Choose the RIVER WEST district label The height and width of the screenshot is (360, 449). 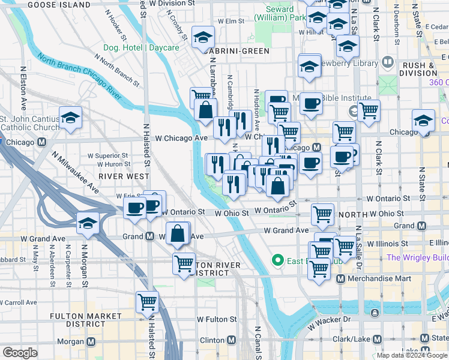coord(124,176)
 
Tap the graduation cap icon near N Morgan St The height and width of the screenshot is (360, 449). coord(88,224)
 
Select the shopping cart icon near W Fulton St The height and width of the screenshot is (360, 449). coord(146,302)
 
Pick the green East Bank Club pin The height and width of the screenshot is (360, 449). coord(277,260)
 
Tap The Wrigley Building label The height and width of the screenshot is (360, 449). coord(418,258)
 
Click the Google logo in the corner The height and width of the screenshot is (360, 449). coord(20,353)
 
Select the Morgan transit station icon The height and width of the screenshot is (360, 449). coord(91,341)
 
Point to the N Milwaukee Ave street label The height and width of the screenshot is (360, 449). coord(74,172)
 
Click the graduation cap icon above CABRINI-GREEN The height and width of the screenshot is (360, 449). coord(203,37)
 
